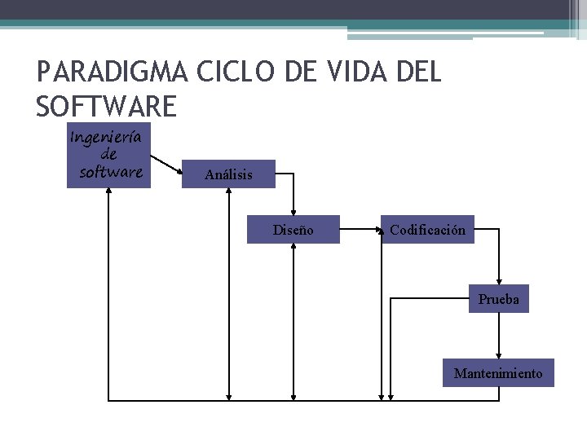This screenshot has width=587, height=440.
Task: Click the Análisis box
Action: [x=228, y=174]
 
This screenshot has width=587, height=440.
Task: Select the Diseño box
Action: [x=293, y=231]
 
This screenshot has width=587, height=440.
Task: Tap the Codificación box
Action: [x=427, y=231]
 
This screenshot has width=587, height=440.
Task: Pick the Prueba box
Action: [x=498, y=300]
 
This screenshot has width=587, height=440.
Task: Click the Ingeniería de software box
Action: [x=108, y=155]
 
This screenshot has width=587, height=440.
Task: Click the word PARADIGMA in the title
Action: [x=113, y=73]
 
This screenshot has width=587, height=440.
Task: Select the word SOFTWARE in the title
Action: [x=106, y=107]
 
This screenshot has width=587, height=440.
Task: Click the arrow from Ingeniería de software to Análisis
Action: [x=167, y=165]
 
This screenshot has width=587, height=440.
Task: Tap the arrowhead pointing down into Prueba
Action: [x=498, y=281]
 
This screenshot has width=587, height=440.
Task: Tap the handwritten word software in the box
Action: [x=111, y=172]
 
